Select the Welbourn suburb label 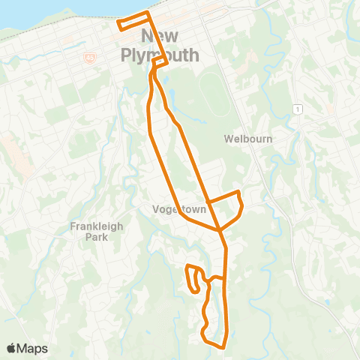point(247,139)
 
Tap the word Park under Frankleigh point(96,237)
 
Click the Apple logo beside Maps point(11,348)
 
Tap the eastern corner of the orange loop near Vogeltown point(242,204)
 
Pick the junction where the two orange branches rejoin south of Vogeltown point(220,228)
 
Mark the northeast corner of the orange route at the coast point(148,13)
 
